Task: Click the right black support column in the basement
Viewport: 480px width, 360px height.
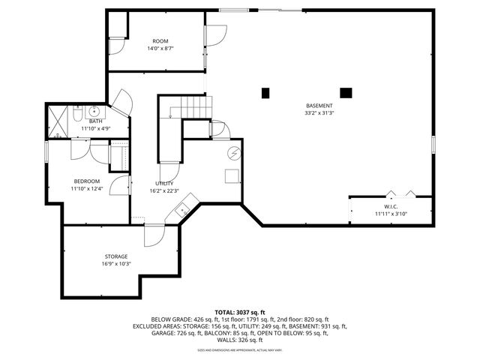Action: tap(346, 93)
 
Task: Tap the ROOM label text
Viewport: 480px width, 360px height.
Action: tap(160, 41)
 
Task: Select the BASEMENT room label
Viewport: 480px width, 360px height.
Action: tap(319, 105)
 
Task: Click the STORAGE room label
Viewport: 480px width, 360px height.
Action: tap(115, 256)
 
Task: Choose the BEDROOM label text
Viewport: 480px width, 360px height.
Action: tap(86, 181)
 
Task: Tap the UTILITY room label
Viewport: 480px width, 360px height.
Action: tap(164, 184)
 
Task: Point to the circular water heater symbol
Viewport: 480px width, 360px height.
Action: tap(233, 154)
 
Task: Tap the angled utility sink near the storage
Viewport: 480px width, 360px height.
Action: tap(182, 211)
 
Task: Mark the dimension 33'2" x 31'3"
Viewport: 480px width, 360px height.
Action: tap(319, 114)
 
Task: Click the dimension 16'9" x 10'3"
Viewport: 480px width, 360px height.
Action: tap(115, 264)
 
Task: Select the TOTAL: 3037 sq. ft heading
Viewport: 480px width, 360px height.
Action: tap(240, 312)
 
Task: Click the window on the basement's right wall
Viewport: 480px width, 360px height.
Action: tap(433, 145)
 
